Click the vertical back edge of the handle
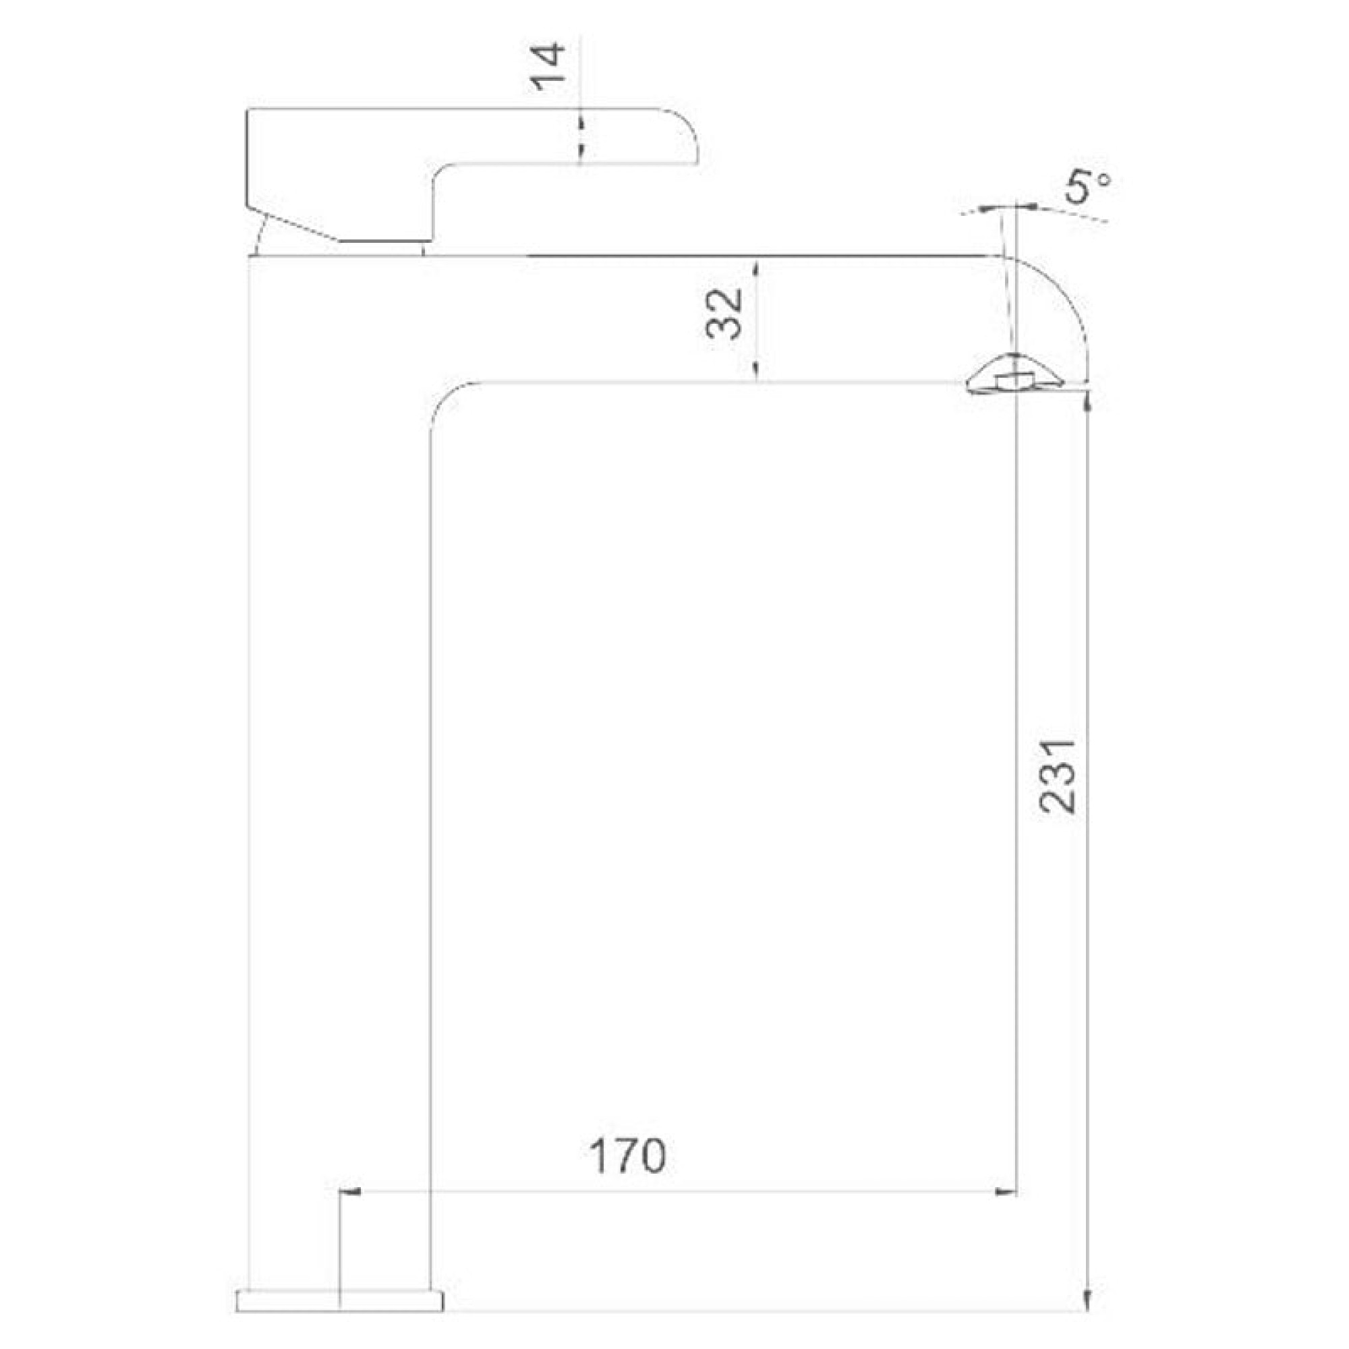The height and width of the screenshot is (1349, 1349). point(249,157)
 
